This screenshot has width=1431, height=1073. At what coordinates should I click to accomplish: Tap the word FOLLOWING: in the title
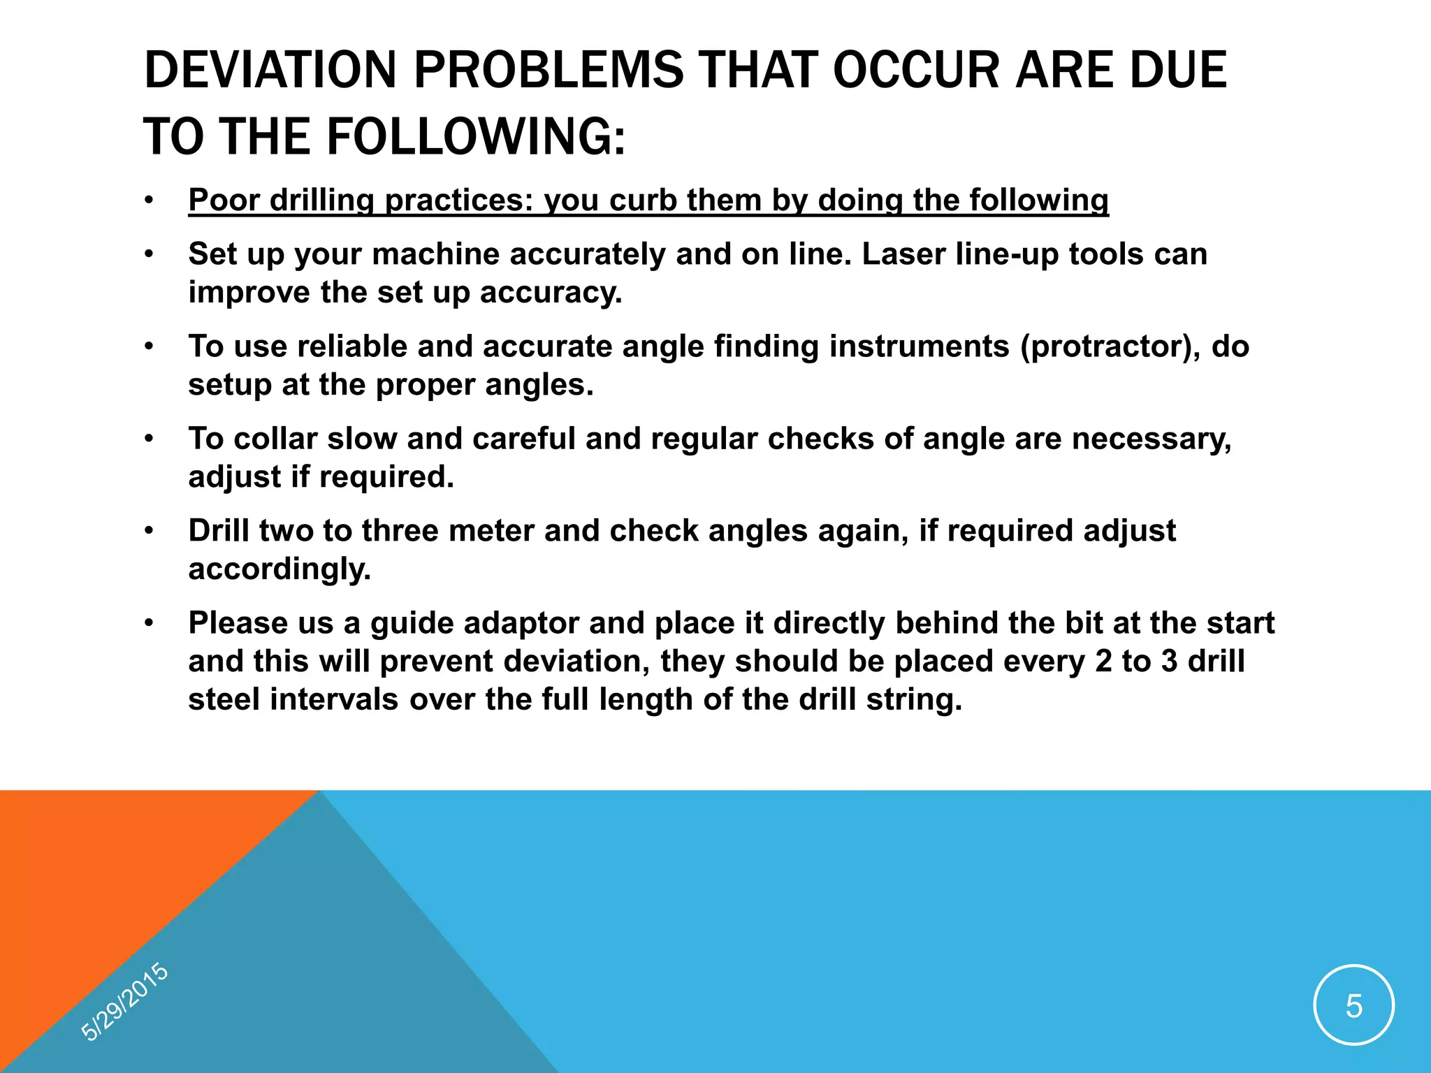pos(476,136)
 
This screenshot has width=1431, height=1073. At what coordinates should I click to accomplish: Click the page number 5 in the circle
pos(1353,1007)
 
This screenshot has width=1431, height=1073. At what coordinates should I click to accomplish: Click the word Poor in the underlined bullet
pos(224,200)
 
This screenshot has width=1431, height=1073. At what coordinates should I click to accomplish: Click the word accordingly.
pos(279,569)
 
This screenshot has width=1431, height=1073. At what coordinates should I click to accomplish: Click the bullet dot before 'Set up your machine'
pos(149,255)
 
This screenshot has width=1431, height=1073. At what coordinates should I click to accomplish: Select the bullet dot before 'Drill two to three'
pos(149,532)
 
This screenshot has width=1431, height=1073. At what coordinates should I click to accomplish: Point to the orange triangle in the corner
pos(105,873)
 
